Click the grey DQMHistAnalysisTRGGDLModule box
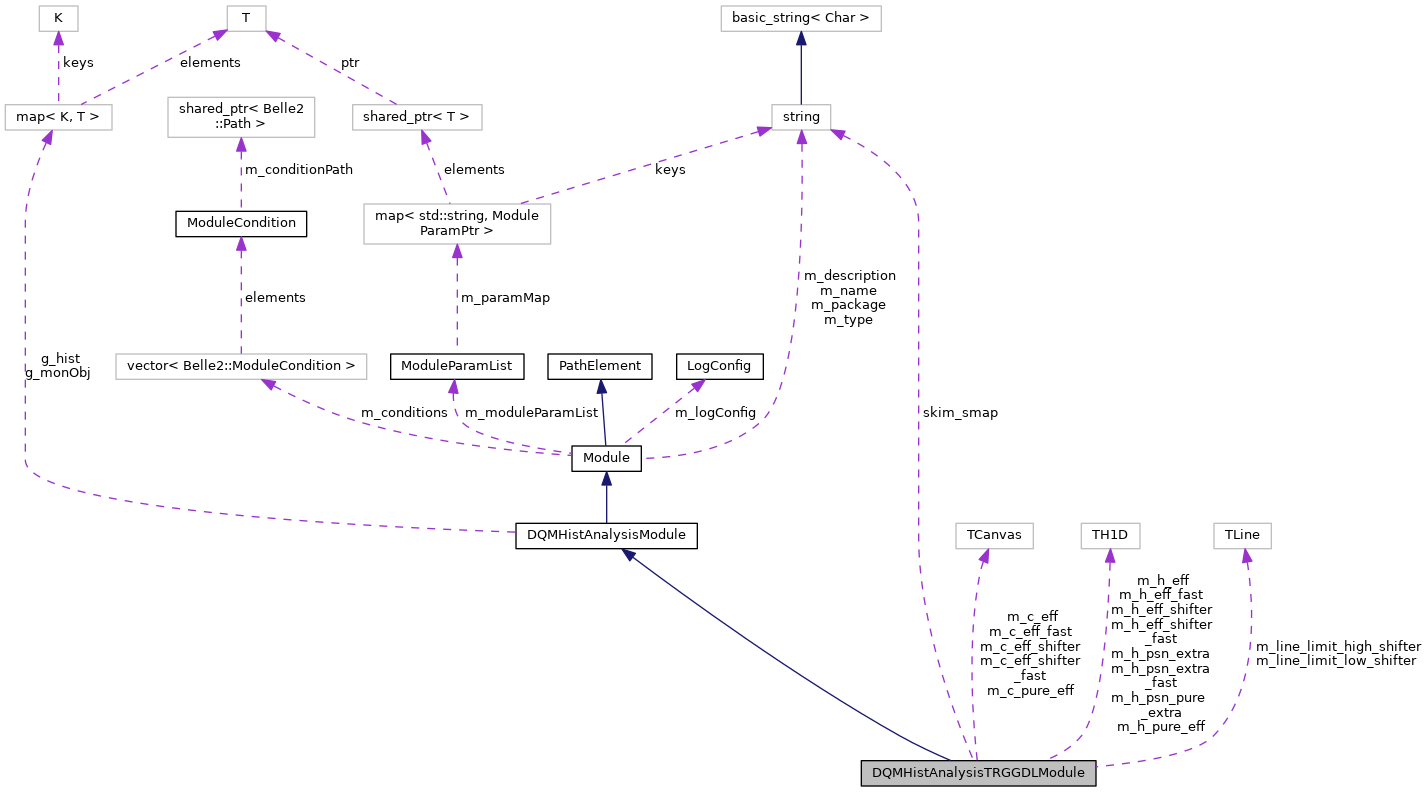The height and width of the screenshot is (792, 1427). (x=978, y=773)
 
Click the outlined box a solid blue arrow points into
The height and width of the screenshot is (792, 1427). (x=800, y=19)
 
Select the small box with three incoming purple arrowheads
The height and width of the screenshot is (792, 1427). (x=801, y=118)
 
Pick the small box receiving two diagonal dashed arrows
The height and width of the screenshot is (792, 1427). (x=246, y=19)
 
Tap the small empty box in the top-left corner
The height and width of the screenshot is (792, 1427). (x=58, y=19)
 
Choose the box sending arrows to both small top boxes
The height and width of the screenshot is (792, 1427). (x=58, y=118)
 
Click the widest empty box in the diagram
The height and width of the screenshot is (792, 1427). (x=241, y=367)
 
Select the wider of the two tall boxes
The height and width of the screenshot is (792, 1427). (x=457, y=224)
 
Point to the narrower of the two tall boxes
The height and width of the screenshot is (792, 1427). (x=241, y=117)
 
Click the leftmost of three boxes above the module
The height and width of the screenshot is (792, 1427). (x=994, y=536)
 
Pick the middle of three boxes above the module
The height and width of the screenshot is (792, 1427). (x=1110, y=536)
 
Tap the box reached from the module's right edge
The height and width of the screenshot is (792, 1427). (x=1242, y=536)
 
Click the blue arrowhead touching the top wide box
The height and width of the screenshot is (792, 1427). (x=801, y=39)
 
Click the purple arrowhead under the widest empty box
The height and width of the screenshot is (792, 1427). (x=269, y=384)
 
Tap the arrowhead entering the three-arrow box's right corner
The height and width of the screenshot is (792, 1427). (x=839, y=134)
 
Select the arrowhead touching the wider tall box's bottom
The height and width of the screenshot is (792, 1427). (x=457, y=252)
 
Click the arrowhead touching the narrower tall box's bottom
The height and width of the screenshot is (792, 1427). (x=241, y=145)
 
